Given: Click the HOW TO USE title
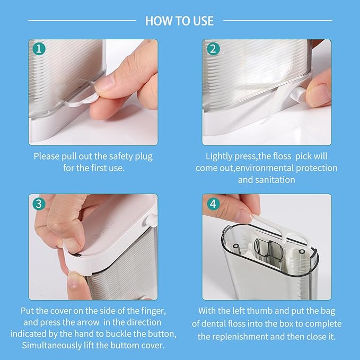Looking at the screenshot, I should (x=179, y=21).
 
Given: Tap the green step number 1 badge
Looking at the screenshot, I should (x=39, y=49).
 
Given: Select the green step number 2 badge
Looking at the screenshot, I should (x=213, y=49).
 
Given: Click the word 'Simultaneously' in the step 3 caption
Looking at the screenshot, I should (x=53, y=345).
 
